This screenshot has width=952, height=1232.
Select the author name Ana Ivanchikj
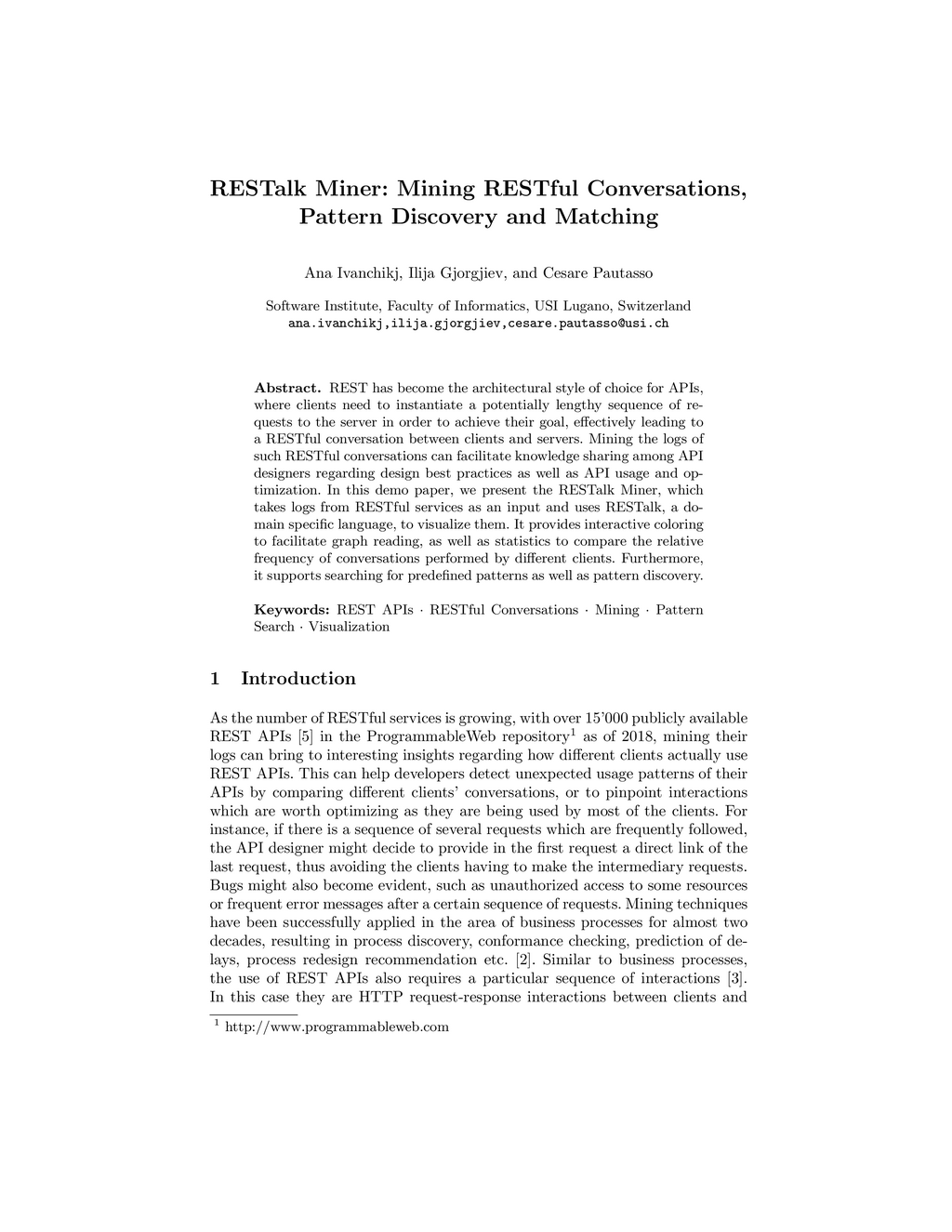pyautogui.click(x=352, y=273)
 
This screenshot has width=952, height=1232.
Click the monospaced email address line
pyautogui.click(x=478, y=324)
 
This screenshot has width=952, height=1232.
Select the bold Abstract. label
pyautogui.click(x=288, y=388)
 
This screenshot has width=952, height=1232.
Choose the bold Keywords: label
pyautogui.click(x=292, y=610)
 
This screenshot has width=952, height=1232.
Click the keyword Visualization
pyautogui.click(x=349, y=627)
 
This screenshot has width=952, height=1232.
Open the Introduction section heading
pyautogui.click(x=297, y=679)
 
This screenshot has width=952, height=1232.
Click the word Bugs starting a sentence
pyautogui.click(x=227, y=885)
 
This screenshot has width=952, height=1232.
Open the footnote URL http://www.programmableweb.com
pyautogui.click(x=337, y=1027)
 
